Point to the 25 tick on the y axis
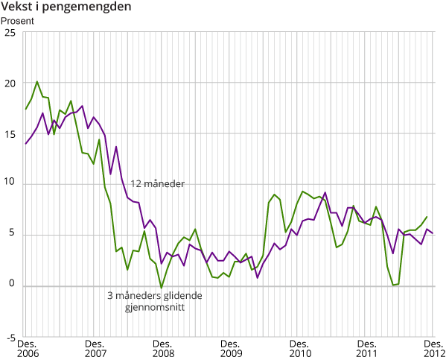9,33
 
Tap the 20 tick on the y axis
9,83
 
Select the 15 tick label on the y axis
9,134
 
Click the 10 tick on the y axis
9,185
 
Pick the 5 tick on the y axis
11,236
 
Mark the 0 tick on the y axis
11,286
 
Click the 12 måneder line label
158,183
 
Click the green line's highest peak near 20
37,82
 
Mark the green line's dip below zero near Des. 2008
162,288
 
